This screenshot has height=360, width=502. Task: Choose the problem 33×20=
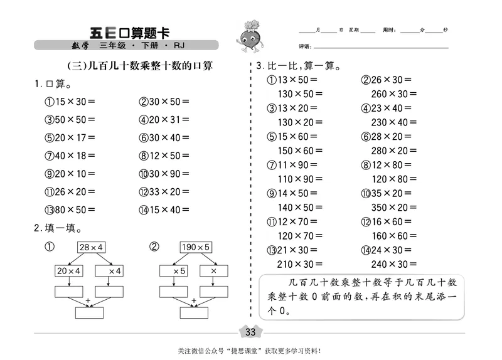[164, 192]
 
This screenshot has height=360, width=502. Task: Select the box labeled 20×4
[70, 270]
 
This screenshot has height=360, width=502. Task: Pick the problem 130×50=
[298, 94]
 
